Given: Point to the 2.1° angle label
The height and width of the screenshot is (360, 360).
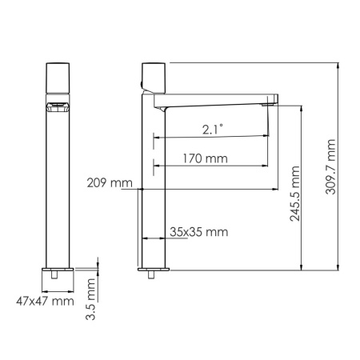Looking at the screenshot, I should (x=213, y=128).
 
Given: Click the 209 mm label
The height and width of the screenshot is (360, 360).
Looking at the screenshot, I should (x=110, y=183).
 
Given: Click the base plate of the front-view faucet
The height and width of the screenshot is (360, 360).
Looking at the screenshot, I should (x=58, y=269).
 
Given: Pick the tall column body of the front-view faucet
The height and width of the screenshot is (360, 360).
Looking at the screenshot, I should (x=58, y=192).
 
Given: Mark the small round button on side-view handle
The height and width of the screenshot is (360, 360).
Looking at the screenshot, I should (x=144, y=82).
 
